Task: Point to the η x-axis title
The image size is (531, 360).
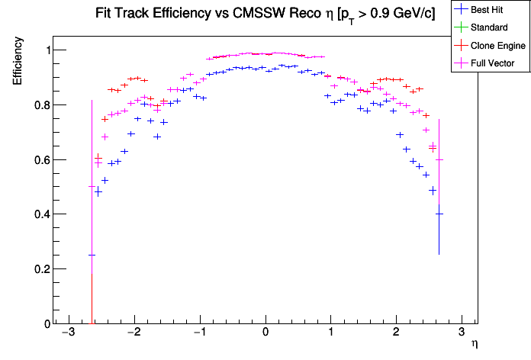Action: (475, 345)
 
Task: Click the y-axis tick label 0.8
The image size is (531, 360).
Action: (40, 105)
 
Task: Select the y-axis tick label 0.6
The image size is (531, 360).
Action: (40, 160)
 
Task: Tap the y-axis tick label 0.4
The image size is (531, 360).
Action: (40, 214)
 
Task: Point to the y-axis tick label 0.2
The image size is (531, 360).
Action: (40, 269)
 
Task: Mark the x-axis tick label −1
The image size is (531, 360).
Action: (198, 334)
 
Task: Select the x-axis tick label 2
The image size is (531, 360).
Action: (396, 334)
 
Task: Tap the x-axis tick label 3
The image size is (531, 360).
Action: (462, 334)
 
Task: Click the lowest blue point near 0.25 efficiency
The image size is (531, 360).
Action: (92, 256)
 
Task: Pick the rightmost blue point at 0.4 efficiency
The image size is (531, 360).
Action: (439, 214)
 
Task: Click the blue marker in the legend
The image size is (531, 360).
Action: (461, 10)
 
